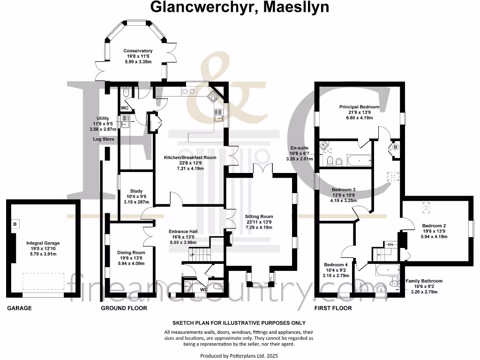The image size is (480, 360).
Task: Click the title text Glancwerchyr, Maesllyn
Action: click(x=240, y=7)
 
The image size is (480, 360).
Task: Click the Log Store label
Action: click(x=104, y=139)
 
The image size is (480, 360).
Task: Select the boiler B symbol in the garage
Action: click(x=15, y=224)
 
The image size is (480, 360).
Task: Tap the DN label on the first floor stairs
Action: click(x=390, y=245)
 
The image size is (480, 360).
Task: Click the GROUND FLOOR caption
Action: click(x=124, y=308)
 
